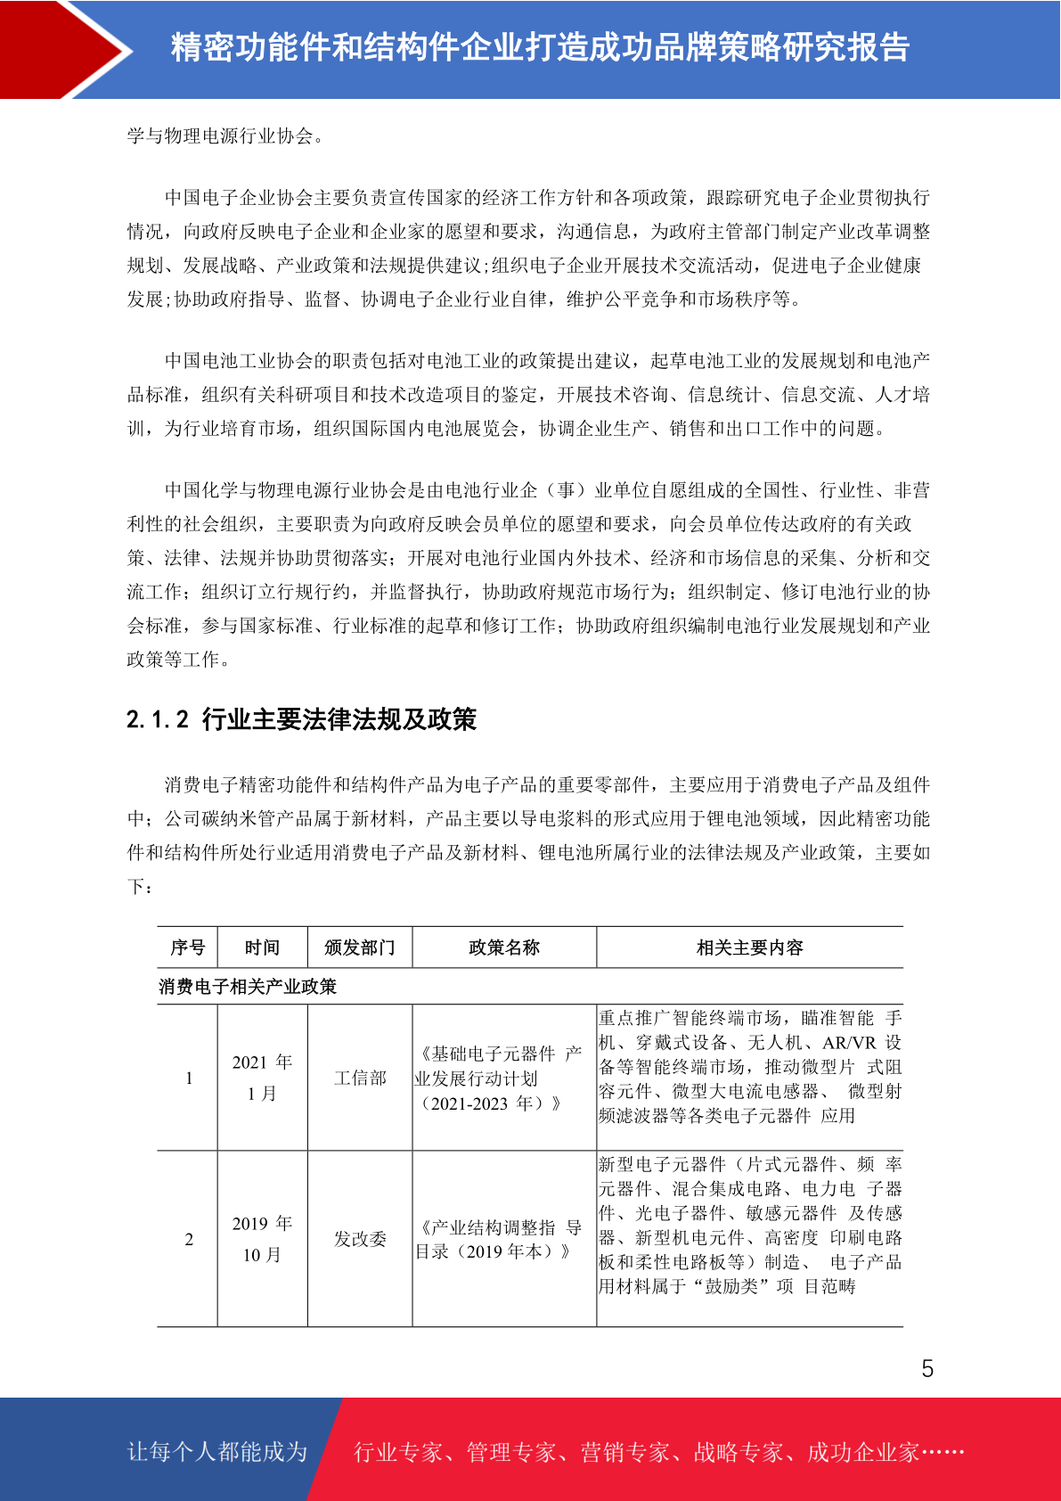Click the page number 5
pyautogui.click(x=927, y=1368)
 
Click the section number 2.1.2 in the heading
pyautogui.click(x=158, y=719)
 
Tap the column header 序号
pyautogui.click(x=188, y=947)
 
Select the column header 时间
pyautogui.click(x=262, y=947)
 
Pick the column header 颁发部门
pyautogui.click(x=360, y=947)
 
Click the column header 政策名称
pyautogui.click(x=504, y=947)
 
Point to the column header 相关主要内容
pyautogui.click(x=749, y=947)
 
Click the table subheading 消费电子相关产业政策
pyautogui.click(x=248, y=987)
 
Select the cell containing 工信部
pyautogui.click(x=360, y=1079)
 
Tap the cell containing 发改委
pyautogui.click(x=360, y=1239)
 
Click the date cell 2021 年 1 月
pyautogui.click(x=262, y=1078)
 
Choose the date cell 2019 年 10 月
pyautogui.click(x=262, y=1239)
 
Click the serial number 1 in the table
pyautogui.click(x=189, y=1079)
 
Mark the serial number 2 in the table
pyautogui.click(x=189, y=1239)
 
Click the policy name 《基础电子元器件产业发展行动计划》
pyautogui.click(x=499, y=1079)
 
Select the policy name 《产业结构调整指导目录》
pyautogui.click(x=499, y=1239)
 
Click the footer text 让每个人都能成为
pyautogui.click(x=217, y=1452)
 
